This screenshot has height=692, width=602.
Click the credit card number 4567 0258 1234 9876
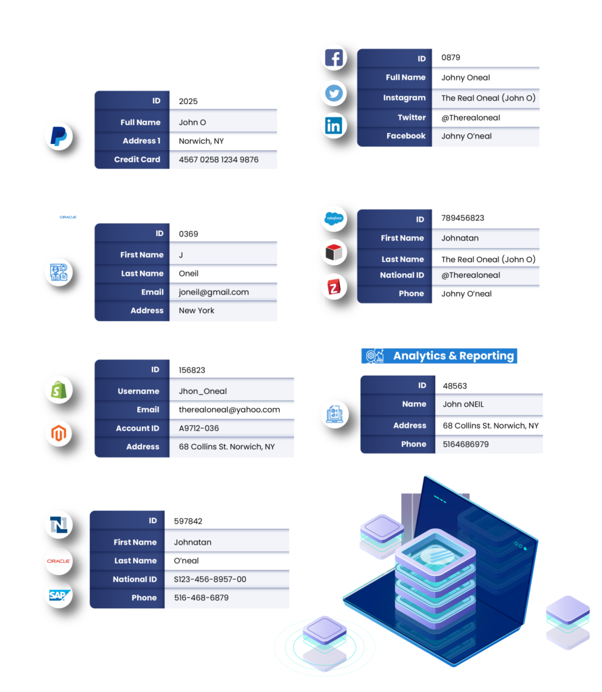point(218,159)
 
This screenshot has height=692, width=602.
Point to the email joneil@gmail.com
point(214,292)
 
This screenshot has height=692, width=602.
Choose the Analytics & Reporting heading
point(453,356)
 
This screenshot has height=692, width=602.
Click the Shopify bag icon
point(58,390)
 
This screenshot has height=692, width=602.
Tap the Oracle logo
point(58,561)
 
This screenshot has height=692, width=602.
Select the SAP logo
point(58,595)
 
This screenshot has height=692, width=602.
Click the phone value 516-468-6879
point(201,597)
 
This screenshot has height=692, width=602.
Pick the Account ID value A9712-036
point(199,428)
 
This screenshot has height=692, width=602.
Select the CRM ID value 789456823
point(463,218)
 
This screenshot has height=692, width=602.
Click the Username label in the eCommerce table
point(139,391)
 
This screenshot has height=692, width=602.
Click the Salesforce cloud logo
point(334,218)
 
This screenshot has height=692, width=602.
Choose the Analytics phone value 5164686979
point(466,444)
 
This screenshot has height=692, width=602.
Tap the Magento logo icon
point(58,434)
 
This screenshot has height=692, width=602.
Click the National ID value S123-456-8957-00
point(209,579)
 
